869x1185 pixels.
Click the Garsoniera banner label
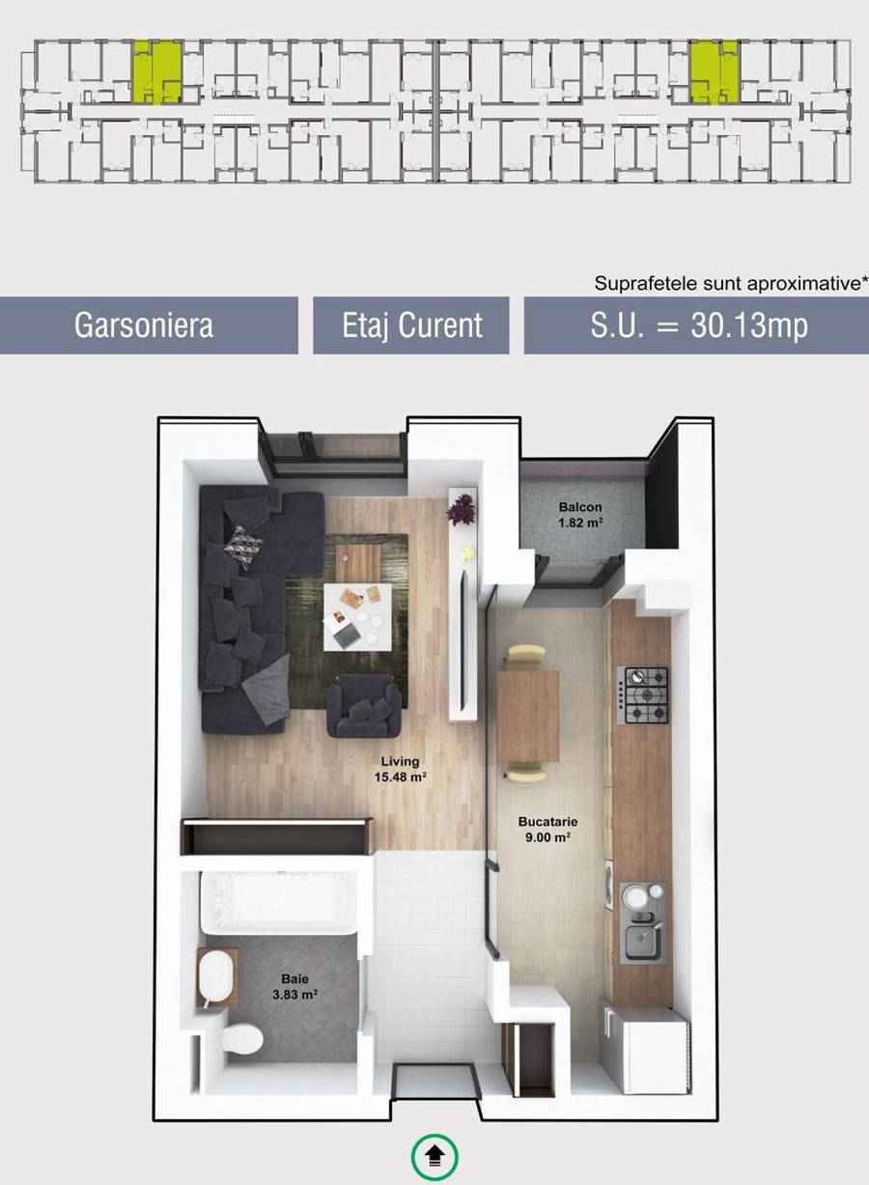coord(143,324)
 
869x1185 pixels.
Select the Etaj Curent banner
coord(411,324)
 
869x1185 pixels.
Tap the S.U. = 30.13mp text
coord(699,324)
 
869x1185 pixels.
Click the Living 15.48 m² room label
coord(401,769)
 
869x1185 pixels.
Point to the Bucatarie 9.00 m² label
coord(547,830)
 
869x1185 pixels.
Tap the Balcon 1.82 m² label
coord(580,515)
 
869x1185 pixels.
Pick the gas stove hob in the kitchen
coord(642,695)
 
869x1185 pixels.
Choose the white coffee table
coord(357,617)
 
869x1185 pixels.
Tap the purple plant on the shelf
coord(461,509)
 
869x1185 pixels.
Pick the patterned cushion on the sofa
coord(243,546)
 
